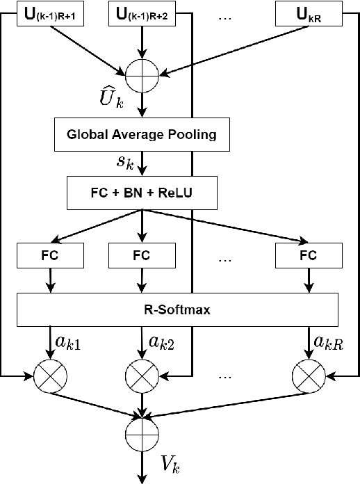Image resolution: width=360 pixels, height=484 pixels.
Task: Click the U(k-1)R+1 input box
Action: (51, 14)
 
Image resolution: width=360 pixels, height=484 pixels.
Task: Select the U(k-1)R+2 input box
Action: (142, 14)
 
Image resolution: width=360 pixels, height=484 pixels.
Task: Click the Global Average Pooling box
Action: (142, 134)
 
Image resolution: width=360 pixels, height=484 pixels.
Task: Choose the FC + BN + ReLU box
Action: (142, 193)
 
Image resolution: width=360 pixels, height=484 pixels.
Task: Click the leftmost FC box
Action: (51, 255)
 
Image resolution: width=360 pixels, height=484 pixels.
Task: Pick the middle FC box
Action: (142, 255)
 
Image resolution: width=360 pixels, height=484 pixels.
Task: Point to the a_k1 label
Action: (69, 343)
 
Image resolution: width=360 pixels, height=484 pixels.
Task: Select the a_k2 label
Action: (161, 343)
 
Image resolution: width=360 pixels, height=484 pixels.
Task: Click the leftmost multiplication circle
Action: (50, 376)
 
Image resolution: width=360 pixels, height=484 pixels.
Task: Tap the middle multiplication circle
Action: (142, 376)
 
